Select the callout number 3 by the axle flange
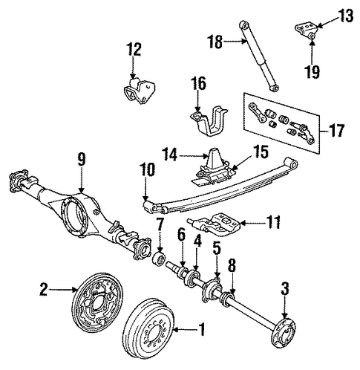[x=284, y=288]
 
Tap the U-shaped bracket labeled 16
[x=209, y=123]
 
